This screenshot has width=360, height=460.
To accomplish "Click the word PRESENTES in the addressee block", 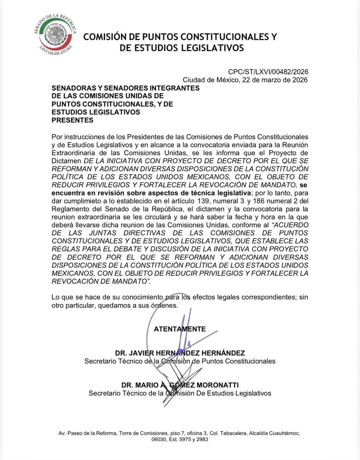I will [73, 120].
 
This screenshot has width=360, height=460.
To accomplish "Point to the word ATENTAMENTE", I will [180, 329].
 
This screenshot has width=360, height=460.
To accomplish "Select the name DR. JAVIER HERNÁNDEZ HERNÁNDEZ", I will [180, 353].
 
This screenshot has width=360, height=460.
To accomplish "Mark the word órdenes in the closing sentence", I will [165, 306].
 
